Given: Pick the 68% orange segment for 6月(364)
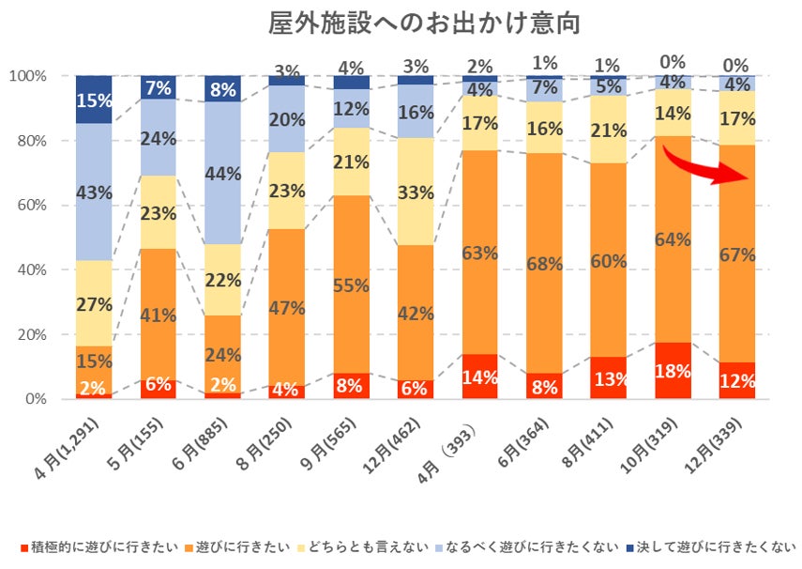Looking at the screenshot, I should click(544, 265).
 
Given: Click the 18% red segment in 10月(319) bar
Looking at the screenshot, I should click(672, 371).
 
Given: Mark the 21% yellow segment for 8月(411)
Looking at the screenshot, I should click(608, 130).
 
